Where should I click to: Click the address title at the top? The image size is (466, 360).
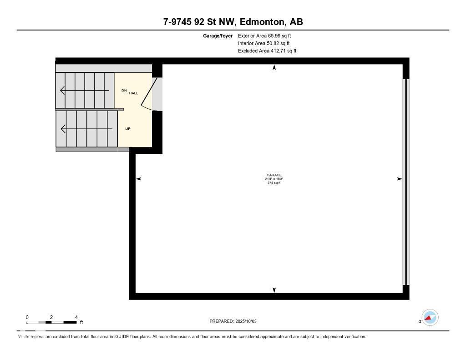233,21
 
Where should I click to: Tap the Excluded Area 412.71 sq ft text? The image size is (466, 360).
267,51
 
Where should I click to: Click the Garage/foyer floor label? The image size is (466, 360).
218,35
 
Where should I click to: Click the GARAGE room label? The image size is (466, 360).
274,175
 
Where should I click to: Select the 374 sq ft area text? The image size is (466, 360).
274,183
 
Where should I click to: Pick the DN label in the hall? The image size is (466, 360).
124,90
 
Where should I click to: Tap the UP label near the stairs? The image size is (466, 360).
128,129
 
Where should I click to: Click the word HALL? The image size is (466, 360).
133,93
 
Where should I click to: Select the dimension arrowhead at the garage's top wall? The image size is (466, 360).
274,68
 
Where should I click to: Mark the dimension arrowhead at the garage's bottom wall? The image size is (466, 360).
274,290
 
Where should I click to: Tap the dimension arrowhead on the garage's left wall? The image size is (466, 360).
139,179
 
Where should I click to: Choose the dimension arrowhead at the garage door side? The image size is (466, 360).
400,179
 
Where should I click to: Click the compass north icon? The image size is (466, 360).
430,318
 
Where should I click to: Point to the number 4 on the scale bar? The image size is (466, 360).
76,317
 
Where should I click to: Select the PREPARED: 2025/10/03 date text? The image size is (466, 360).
233,321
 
